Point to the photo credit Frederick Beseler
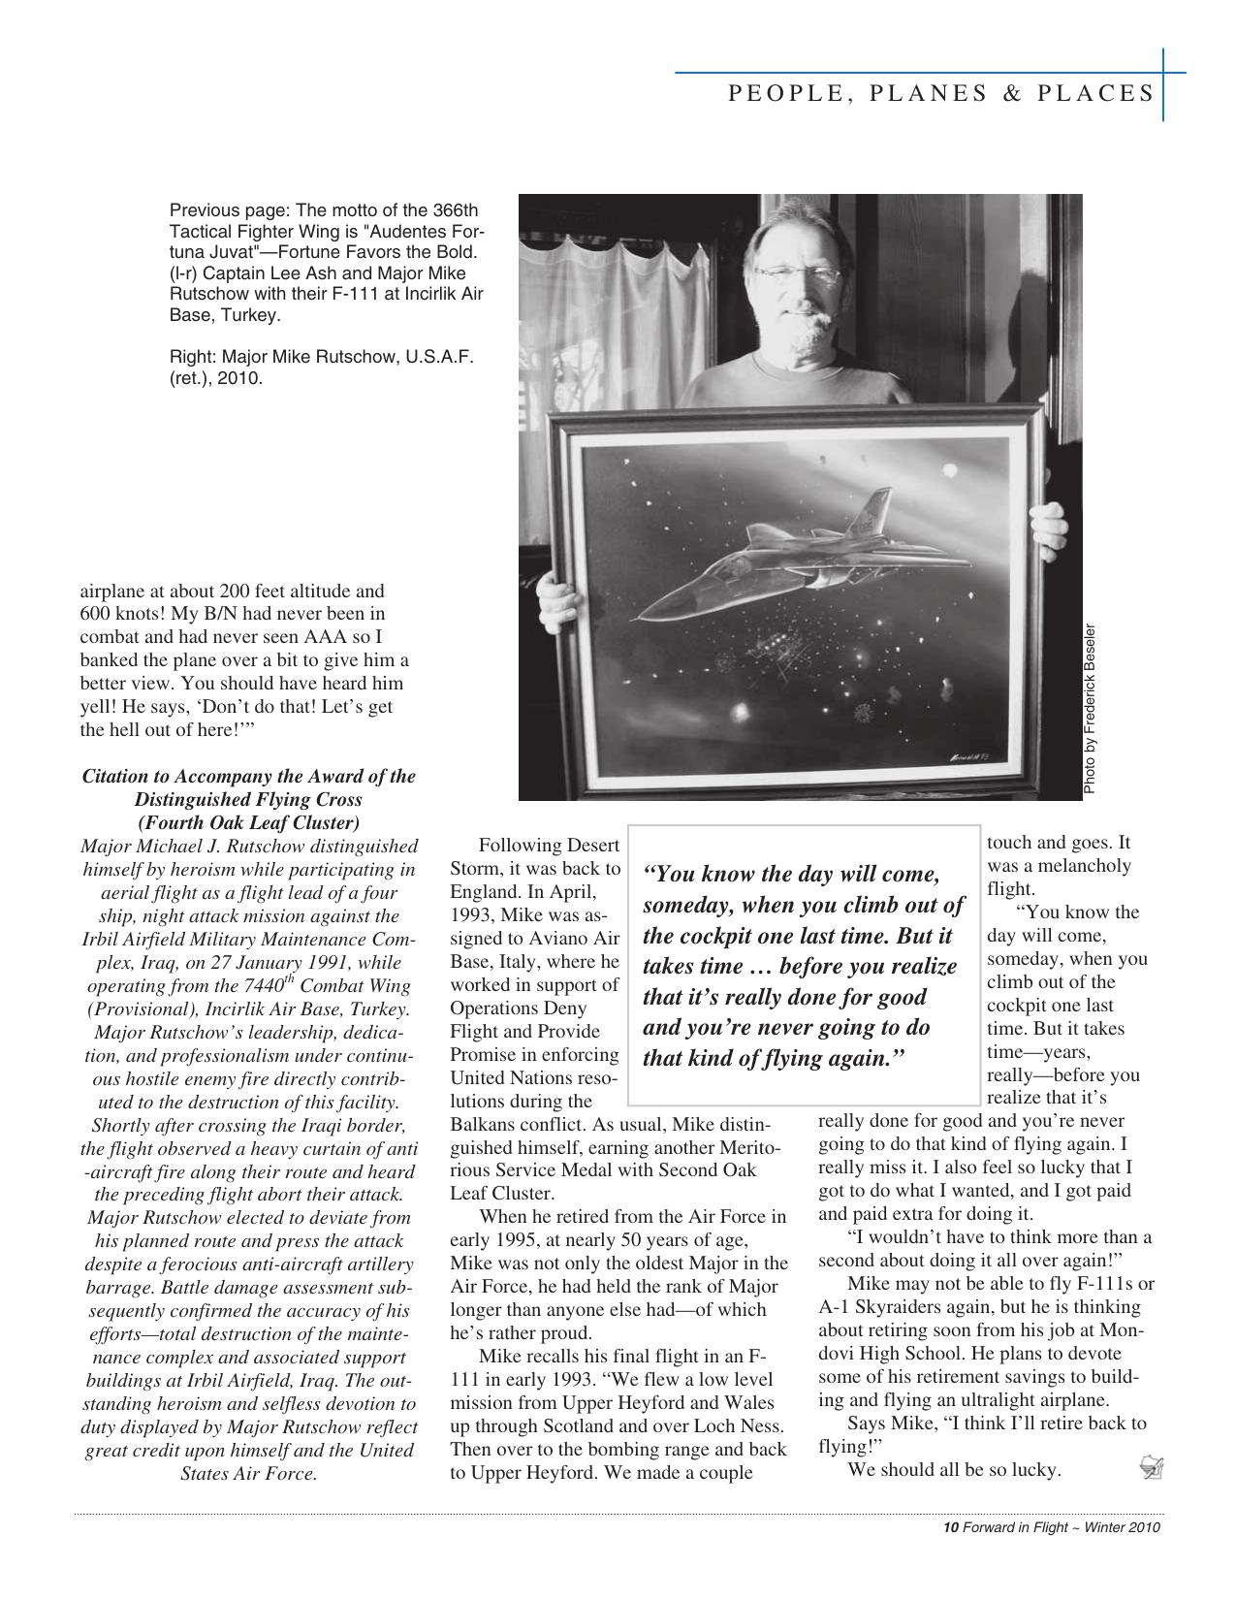point(1090,708)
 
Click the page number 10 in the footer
point(950,1528)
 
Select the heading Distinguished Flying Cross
point(248,800)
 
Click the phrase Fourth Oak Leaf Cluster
point(248,823)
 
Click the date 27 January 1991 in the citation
point(276,963)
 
